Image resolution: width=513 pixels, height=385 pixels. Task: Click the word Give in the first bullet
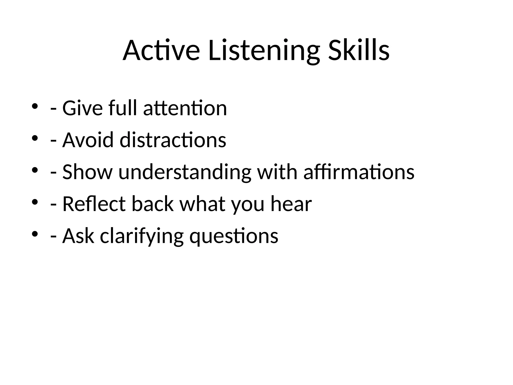tap(82, 108)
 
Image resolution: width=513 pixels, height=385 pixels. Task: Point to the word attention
tap(185, 108)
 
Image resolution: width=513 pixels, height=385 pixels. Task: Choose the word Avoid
tap(88, 140)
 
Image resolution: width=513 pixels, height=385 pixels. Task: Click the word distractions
tap(173, 140)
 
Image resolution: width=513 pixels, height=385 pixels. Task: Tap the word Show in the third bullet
tap(87, 172)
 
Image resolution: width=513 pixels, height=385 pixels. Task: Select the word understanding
tap(185, 172)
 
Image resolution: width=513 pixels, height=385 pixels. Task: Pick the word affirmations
tap(359, 172)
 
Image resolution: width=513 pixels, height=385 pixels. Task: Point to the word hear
tap(291, 204)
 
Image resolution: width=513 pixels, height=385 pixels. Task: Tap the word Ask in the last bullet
tap(78, 236)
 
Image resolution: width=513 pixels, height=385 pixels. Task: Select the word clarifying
tap(142, 236)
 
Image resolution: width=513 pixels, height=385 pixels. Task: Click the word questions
tap(233, 236)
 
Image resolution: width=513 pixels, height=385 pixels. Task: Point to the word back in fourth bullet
tap(153, 204)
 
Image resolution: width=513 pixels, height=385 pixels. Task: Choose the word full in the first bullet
tap(123, 108)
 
